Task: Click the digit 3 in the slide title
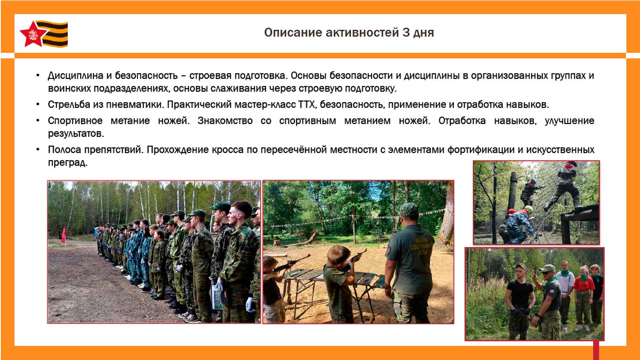click(406, 33)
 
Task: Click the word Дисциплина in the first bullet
click(75, 75)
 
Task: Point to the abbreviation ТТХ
click(307, 104)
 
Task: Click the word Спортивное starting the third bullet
click(75, 121)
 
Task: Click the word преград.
click(68, 162)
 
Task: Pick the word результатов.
click(76, 133)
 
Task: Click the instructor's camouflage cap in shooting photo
click(409, 210)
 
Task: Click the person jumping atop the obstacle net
click(563, 186)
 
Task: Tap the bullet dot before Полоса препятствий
click(38, 150)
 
